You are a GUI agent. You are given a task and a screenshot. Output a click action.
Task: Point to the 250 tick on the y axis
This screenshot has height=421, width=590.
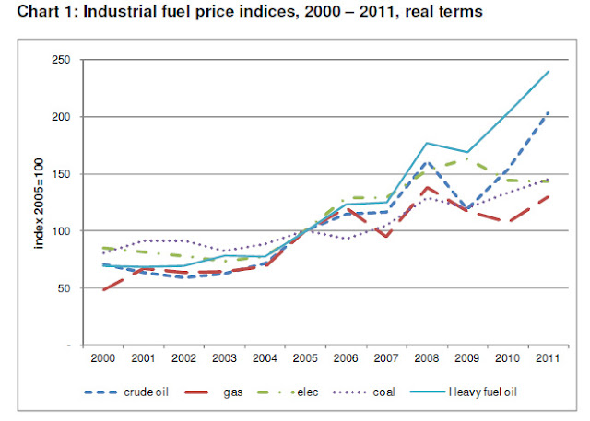pos(65,60)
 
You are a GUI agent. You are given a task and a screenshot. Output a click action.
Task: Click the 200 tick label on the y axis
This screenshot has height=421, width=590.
pos(65,117)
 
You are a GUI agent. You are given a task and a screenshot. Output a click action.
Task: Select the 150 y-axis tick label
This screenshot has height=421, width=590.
pos(65,174)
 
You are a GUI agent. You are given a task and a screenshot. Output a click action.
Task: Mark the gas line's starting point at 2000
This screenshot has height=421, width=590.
pos(102,289)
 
